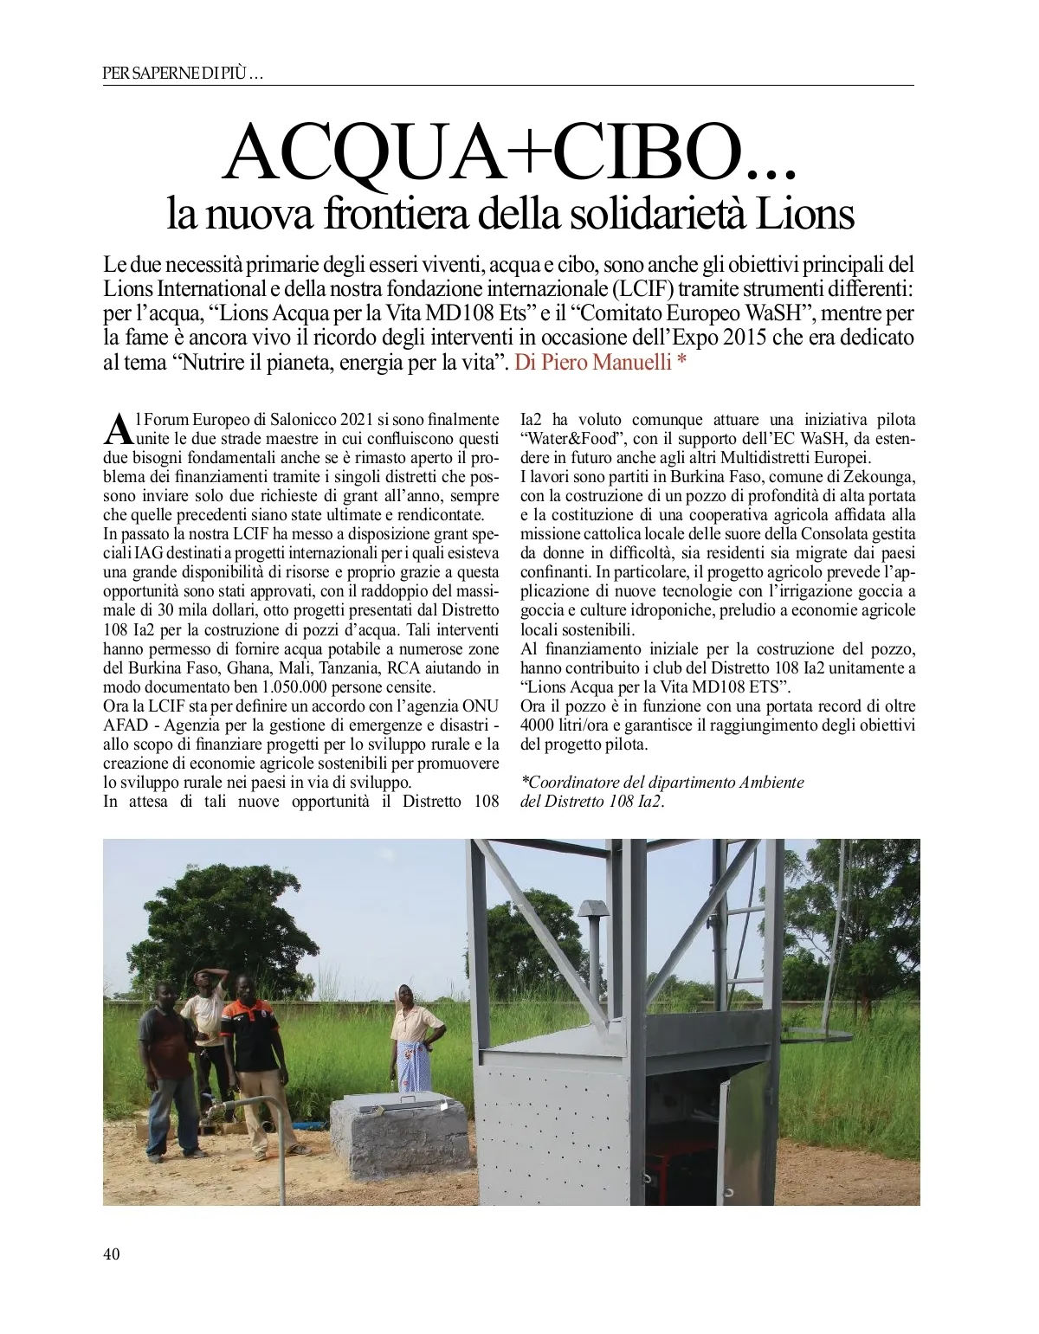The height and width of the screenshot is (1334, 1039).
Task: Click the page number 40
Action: coord(111,1254)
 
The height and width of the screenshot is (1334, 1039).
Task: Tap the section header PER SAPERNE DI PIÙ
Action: coord(183,74)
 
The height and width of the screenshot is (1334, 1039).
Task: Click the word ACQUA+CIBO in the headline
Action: coord(485,152)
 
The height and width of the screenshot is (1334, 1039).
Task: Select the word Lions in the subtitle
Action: coord(805,214)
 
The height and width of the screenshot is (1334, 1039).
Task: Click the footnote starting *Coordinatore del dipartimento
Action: coord(662,783)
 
